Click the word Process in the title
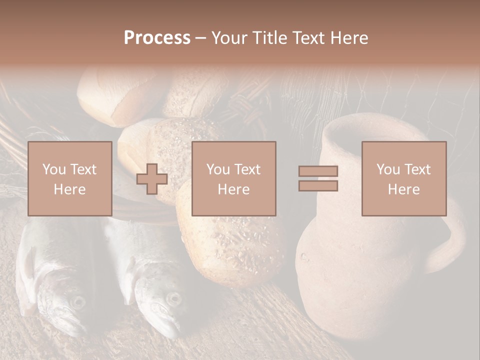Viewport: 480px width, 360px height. tap(157, 38)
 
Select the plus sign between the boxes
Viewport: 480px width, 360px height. tap(152, 179)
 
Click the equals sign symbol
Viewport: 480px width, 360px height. tap(318, 178)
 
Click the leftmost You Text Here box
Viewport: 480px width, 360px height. tap(70, 178)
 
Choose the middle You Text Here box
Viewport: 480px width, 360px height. tap(234, 178)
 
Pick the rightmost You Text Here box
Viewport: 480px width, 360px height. tap(404, 178)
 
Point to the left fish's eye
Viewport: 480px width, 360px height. tap(78, 301)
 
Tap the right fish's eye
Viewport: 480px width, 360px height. tap(173, 299)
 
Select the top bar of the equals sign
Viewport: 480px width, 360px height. tap(318, 171)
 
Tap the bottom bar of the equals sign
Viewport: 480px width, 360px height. tap(318, 186)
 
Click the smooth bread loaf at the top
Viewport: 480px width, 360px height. tap(120, 95)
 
